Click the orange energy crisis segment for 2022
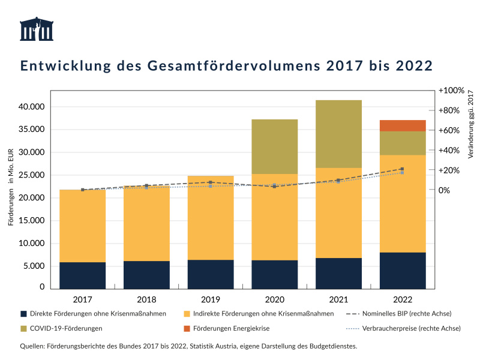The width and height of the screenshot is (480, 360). (x=403, y=125)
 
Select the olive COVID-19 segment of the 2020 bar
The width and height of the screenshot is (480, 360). (x=274, y=146)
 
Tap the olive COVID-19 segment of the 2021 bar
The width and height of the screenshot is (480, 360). (x=338, y=134)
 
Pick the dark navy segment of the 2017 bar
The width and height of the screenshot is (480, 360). (x=82, y=275)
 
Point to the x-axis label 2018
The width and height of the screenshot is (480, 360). (x=146, y=298)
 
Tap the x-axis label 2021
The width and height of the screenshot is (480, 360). (x=338, y=298)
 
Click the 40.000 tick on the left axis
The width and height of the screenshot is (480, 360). (x=31, y=107)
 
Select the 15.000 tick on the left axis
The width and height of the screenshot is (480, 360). (x=31, y=221)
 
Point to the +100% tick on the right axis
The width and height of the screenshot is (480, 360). (x=451, y=91)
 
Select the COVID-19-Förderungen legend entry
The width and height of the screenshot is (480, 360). (x=66, y=328)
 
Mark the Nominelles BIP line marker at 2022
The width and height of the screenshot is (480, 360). (x=402, y=169)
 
